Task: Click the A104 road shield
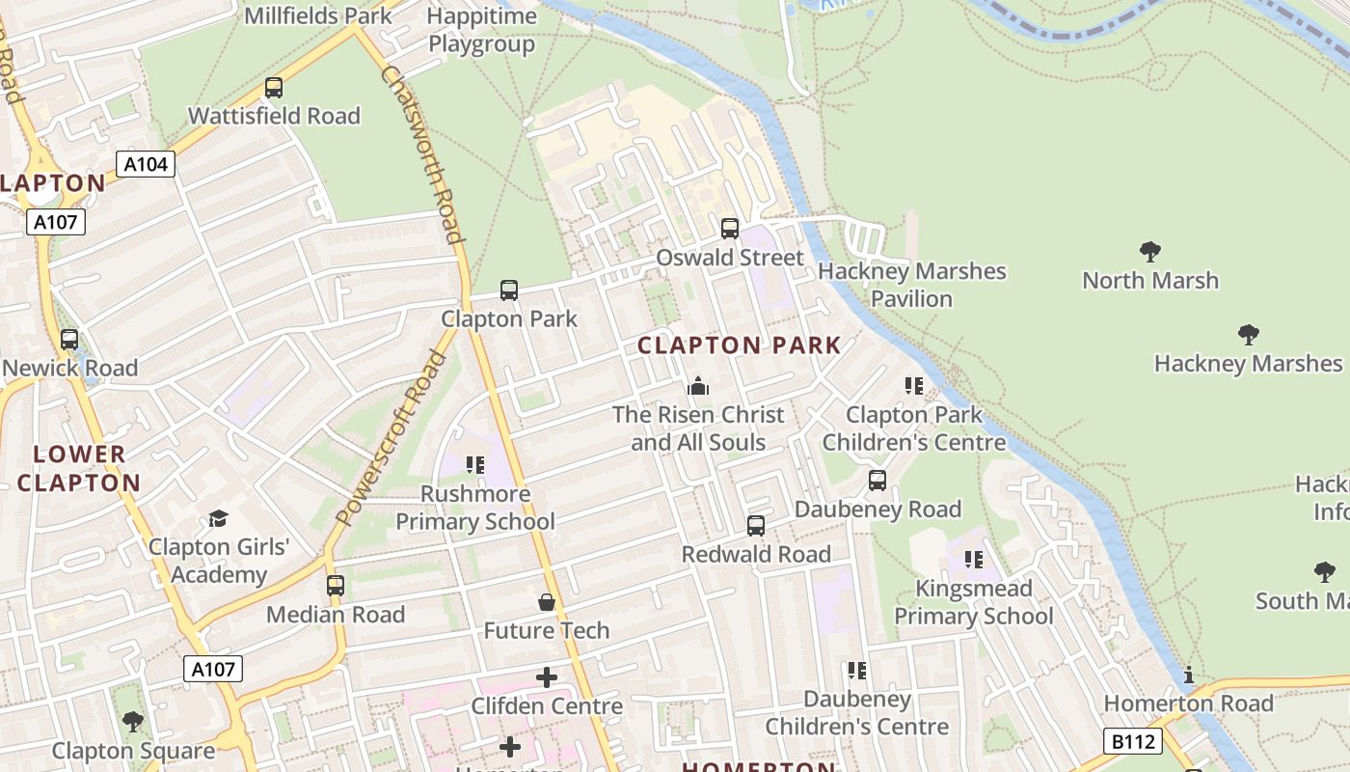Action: pyautogui.click(x=147, y=164)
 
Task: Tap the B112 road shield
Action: pyautogui.click(x=1133, y=741)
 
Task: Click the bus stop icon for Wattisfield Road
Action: pyautogui.click(x=274, y=88)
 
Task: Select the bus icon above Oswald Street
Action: pyautogui.click(x=730, y=229)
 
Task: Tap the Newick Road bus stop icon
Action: pyautogui.click(x=69, y=340)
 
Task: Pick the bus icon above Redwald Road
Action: pyautogui.click(x=756, y=526)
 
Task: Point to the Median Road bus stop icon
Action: pyautogui.click(x=336, y=586)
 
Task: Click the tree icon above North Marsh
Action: pyautogui.click(x=1149, y=252)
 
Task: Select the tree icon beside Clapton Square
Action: pyautogui.click(x=133, y=722)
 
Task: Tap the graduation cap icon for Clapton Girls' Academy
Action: pyautogui.click(x=218, y=519)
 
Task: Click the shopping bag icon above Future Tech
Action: pyautogui.click(x=547, y=603)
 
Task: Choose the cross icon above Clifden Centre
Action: pyautogui.click(x=547, y=677)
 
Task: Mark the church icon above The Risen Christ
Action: pyautogui.click(x=698, y=387)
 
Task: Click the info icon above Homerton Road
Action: pyautogui.click(x=1189, y=675)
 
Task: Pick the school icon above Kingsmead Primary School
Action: pyautogui.click(x=974, y=560)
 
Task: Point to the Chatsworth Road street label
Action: pyautogui.click(x=422, y=154)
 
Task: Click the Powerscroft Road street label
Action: pyautogui.click(x=391, y=437)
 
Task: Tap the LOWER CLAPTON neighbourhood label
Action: pyautogui.click(x=79, y=468)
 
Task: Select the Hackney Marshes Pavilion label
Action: pyautogui.click(x=911, y=285)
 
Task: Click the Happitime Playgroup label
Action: pyautogui.click(x=481, y=30)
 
